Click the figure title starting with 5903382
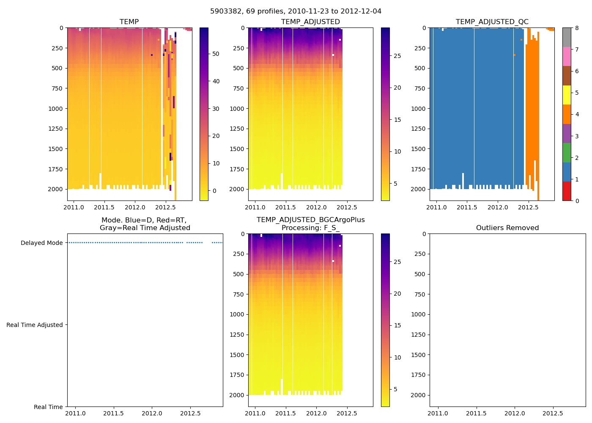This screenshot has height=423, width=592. pyautogui.click(x=296, y=11)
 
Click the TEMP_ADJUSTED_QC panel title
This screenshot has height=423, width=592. pyautogui.click(x=492, y=22)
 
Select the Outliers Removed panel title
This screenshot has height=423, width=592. pyautogui.click(x=507, y=228)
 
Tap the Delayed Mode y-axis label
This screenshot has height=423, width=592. pyautogui.click(x=41, y=243)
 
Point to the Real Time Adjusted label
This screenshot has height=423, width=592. pyautogui.click(x=34, y=325)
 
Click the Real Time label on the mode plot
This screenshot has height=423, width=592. pyautogui.click(x=48, y=407)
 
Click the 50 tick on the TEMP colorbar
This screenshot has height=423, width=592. pyautogui.click(x=216, y=54)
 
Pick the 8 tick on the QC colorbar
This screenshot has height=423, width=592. pyautogui.click(x=577, y=28)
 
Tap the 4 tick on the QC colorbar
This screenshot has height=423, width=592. pyautogui.click(x=577, y=114)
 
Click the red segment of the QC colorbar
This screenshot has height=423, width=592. pyautogui.click(x=567, y=191)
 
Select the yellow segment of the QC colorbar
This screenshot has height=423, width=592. pyautogui.click(x=567, y=95)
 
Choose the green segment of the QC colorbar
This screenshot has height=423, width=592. pyautogui.click(x=567, y=152)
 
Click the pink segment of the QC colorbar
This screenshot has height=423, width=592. pyautogui.click(x=567, y=56)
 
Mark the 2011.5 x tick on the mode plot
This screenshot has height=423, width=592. pyautogui.click(x=113, y=413)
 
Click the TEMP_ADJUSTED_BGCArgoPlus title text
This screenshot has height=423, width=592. pyautogui.click(x=310, y=220)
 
